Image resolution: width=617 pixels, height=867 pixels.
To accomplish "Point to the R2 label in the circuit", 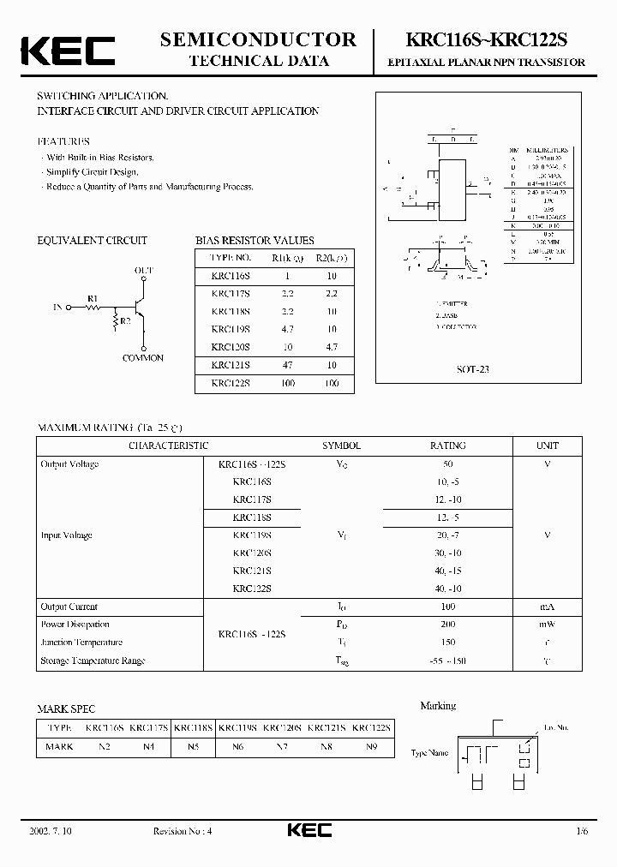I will [125, 320].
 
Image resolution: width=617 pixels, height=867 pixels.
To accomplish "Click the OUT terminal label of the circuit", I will [143, 270].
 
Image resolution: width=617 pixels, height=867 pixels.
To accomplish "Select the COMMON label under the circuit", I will [142, 358].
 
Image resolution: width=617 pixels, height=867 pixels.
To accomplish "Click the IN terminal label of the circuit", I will [57, 307].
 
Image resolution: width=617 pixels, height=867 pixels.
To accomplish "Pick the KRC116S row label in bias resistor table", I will [231, 276].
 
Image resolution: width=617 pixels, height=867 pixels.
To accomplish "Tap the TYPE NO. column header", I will [231, 257].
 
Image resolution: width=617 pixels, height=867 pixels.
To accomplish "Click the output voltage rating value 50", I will [447, 463].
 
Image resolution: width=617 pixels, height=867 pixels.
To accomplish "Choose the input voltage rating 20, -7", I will [447, 535].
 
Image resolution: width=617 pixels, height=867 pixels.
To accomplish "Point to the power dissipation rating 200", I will [447, 625].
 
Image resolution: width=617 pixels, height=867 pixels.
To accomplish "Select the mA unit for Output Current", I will [547, 607].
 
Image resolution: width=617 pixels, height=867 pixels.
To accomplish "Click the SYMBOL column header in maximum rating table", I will [341, 445].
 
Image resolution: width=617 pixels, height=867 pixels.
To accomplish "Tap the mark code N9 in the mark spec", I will [372, 746].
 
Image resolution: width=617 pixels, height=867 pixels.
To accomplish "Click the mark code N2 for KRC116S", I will [105, 746].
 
